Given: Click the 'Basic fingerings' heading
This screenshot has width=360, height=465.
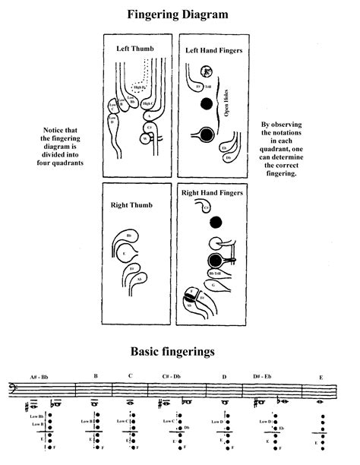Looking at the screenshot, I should pyautogui.click(x=175, y=351).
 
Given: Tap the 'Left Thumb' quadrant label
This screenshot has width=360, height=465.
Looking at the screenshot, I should pyautogui.click(x=135, y=47).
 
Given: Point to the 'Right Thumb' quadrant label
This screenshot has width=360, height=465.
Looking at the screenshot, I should pyautogui.click(x=135, y=204).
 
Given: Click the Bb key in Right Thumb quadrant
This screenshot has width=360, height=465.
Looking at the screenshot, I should pyautogui.click(x=130, y=236).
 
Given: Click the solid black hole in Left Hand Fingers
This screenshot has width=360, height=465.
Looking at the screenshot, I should pyautogui.click(x=205, y=134).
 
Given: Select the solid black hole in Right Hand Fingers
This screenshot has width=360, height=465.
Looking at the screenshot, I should pyautogui.click(x=217, y=222).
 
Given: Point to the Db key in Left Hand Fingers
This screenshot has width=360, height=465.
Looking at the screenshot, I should pyautogui.click(x=229, y=159).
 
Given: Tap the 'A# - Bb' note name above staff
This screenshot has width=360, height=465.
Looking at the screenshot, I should pyautogui.click(x=39, y=377).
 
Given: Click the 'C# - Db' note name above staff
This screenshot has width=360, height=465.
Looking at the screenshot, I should pyautogui.click(x=170, y=377).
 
